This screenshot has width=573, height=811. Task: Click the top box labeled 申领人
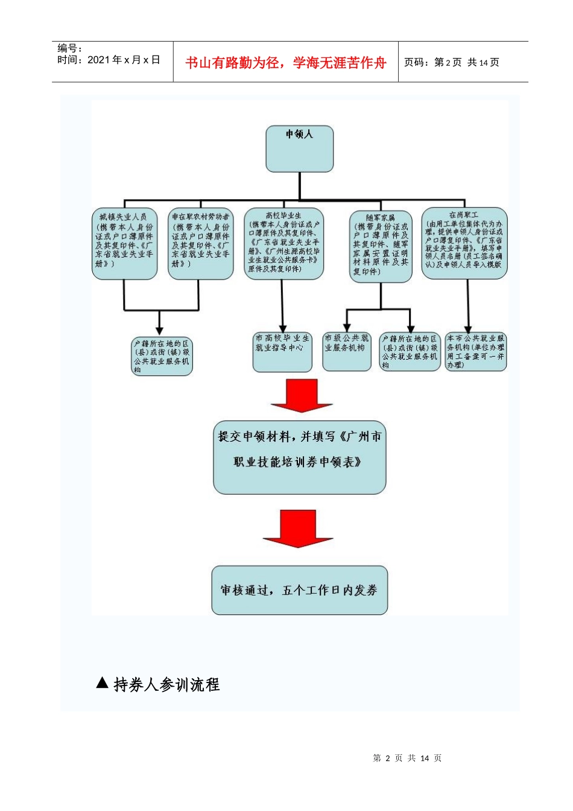[x=300, y=148]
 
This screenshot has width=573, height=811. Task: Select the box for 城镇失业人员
[x=125, y=244]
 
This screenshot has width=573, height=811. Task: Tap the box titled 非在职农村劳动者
[x=200, y=244]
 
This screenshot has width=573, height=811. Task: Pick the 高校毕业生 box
[x=283, y=243]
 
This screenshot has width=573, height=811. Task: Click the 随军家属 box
[x=381, y=246]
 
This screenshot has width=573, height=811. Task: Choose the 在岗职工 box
[x=464, y=243]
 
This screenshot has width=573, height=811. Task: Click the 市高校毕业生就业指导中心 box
[x=282, y=351]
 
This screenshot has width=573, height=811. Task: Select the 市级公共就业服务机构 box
[x=346, y=351]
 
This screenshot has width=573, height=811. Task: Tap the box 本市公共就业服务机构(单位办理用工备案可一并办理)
[x=475, y=351]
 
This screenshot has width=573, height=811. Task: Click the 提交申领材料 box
[x=299, y=457]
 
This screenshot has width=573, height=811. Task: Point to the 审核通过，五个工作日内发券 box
[x=299, y=590]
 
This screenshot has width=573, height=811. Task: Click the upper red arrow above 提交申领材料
[x=301, y=396]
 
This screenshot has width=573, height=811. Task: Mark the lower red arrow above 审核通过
[x=298, y=529]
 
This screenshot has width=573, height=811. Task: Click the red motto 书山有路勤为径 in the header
[x=285, y=63]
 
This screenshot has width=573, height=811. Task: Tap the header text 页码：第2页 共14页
[x=451, y=63]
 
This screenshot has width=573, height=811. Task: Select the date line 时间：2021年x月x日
[x=109, y=60]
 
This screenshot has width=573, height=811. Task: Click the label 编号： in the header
[x=70, y=48]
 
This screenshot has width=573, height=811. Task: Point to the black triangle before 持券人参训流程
[x=103, y=683]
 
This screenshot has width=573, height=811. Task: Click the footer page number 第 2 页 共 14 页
[x=407, y=758]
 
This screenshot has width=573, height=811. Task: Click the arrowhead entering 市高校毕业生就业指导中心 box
[x=282, y=328]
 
